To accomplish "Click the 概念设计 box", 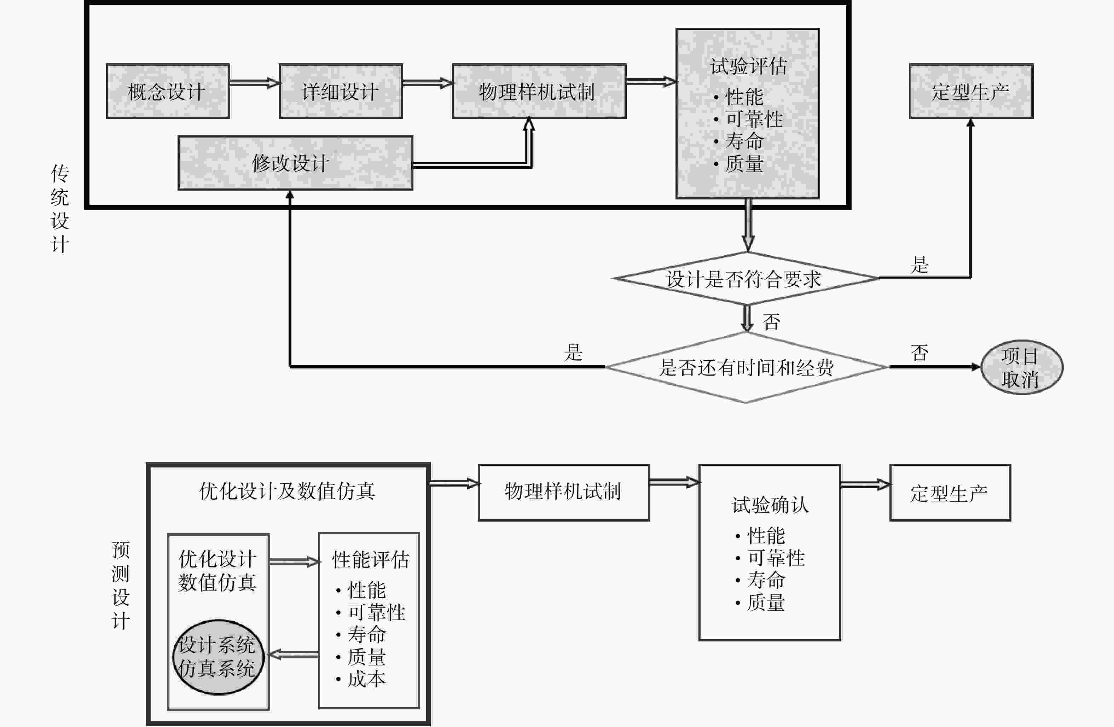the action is (168, 91).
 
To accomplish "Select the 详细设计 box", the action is (341, 91).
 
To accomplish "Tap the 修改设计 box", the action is (295, 163).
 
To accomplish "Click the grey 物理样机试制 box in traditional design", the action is (539, 91).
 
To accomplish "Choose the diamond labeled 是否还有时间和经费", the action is (746, 367).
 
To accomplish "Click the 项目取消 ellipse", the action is (1022, 367).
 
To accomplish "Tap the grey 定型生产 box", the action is (971, 91).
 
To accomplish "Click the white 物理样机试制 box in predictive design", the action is (564, 493).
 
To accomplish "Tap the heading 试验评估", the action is (748, 66).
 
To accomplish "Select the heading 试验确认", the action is (770, 505).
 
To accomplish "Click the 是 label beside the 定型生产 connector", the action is (919, 265).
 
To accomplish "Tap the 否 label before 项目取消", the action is (919, 353).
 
